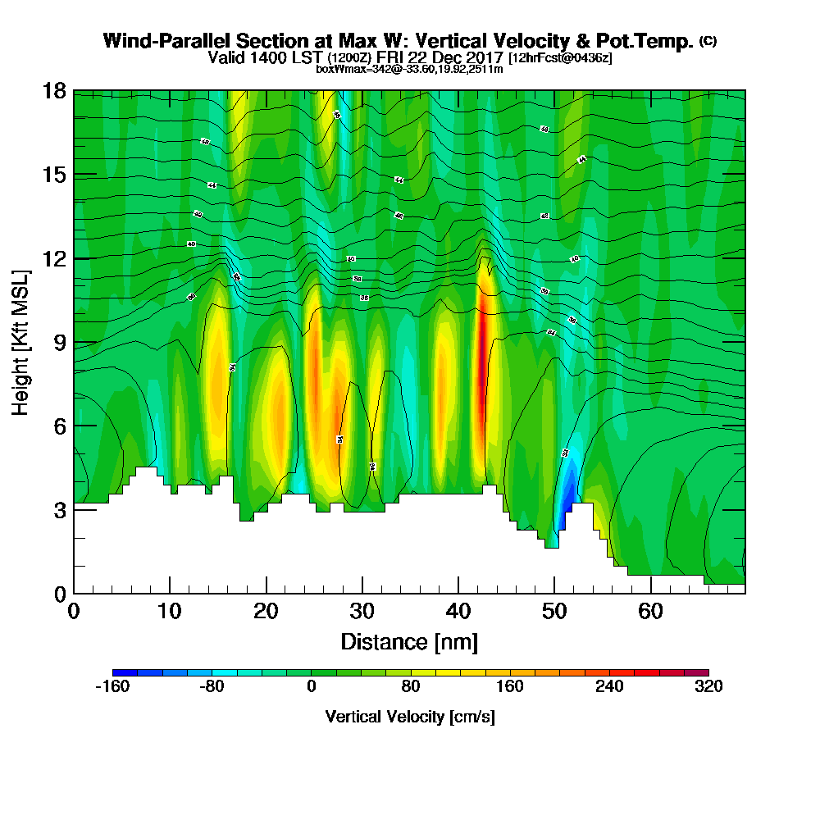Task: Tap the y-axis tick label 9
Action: tap(59, 342)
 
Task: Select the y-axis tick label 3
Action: tap(59, 509)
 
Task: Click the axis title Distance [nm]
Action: tap(409, 641)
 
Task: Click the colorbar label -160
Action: tap(112, 687)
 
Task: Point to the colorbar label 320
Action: tap(708, 687)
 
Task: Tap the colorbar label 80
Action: tap(410, 687)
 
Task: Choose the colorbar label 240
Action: tap(609, 687)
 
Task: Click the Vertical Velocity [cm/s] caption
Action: tap(409, 717)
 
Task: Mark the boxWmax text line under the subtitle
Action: tap(409, 69)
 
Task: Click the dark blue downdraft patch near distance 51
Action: tap(567, 492)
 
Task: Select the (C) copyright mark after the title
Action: tap(708, 41)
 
